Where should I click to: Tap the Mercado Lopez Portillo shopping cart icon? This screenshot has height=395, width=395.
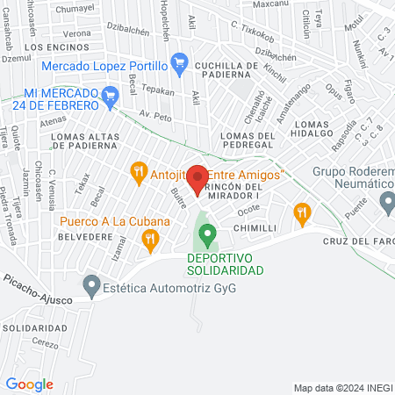(x=180, y=61)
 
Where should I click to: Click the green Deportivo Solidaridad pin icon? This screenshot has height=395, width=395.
(x=207, y=234)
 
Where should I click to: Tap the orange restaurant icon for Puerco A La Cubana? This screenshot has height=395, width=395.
(x=151, y=237)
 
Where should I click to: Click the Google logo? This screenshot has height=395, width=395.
(x=29, y=384)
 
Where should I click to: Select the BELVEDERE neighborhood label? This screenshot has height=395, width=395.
(x=85, y=237)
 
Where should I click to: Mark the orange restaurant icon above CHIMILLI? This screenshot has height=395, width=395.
(x=303, y=211)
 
